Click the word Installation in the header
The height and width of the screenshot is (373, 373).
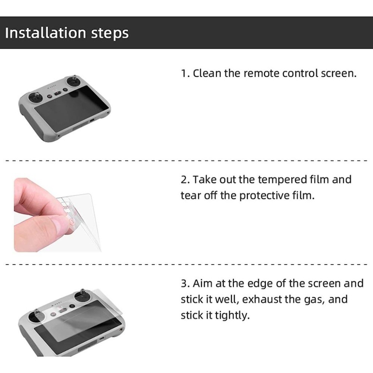45,32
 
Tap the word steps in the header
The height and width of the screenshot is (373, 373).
110,34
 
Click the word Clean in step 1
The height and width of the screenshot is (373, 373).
207,73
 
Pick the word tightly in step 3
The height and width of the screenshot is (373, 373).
232,316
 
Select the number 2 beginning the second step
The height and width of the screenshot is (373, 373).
185,180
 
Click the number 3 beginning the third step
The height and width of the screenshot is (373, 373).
185,283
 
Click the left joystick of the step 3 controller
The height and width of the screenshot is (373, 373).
36,316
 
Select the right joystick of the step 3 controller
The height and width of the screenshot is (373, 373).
82,296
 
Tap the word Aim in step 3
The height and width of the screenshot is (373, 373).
203,283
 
